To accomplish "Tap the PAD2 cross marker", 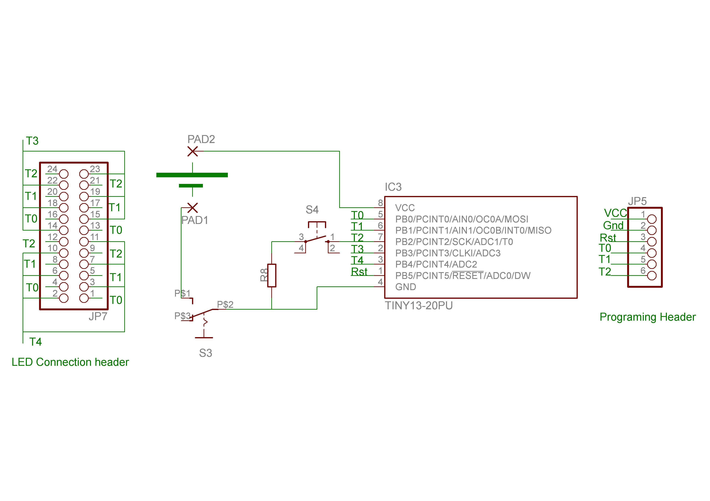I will tap(193, 152).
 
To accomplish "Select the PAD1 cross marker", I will tap(193, 208).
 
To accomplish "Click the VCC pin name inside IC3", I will tap(405, 208).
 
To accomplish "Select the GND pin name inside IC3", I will tap(405, 287).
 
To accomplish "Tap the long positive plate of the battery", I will tap(192, 175).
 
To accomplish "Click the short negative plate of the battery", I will tap(191, 186).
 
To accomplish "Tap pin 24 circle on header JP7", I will tap(64, 174).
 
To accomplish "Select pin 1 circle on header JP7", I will tap(84, 298).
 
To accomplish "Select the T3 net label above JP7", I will tap(32, 141).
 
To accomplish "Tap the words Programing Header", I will tap(648, 317).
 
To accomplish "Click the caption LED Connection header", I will tap(70, 362).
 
